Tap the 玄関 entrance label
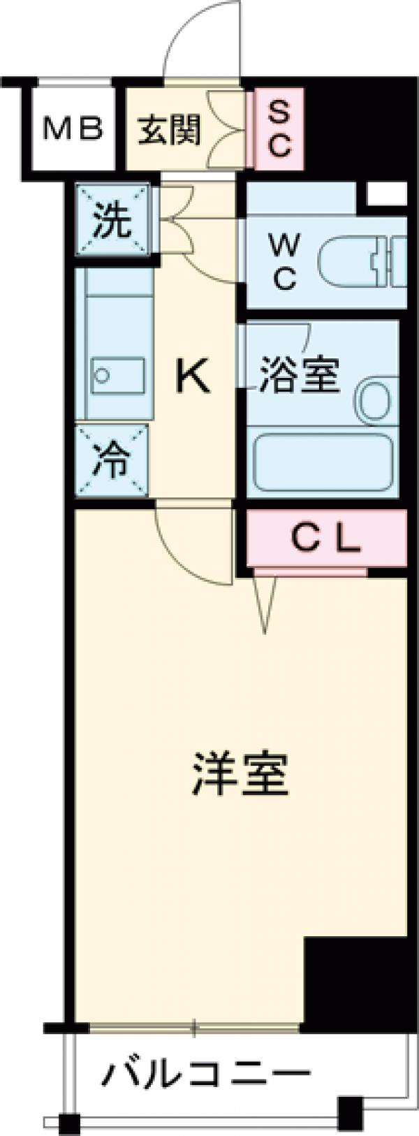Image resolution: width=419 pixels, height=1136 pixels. pos(168,129)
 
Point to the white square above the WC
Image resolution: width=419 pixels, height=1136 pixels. pos(385,194)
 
